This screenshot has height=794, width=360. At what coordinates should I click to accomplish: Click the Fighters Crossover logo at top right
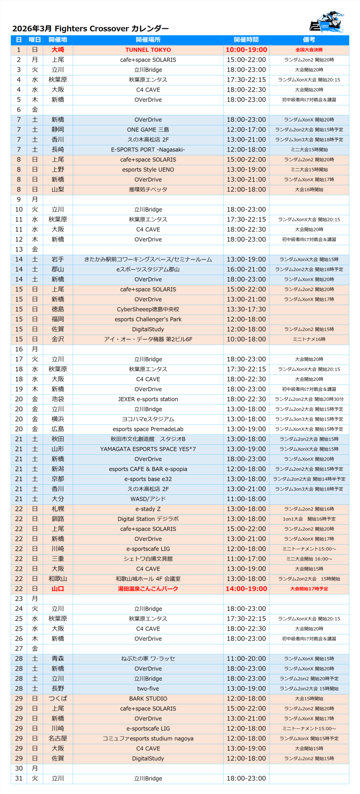pos(327,22)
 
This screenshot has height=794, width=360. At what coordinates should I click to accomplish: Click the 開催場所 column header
pos(148,40)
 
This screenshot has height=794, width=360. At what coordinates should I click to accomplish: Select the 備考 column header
pos(309,40)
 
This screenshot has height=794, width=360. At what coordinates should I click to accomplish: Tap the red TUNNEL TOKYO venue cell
pos(148,50)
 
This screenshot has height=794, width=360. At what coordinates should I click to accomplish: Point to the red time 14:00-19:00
pos(246,589)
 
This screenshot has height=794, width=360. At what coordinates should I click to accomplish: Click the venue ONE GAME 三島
pos(148,130)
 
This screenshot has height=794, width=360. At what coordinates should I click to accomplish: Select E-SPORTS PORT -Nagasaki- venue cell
pos(148,149)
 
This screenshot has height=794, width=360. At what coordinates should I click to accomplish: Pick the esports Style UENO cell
pos(148,170)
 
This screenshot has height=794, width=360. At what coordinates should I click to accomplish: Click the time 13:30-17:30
pos(246,309)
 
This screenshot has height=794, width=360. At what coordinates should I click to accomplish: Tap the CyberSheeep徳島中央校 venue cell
pos(148,309)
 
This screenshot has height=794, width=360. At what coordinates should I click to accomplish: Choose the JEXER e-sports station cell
pos(148,399)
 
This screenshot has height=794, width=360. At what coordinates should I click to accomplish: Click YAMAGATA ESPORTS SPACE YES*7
pos(148,449)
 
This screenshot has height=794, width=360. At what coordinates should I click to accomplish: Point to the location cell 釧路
pos(58,519)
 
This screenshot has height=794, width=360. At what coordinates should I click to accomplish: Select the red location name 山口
pos(58,589)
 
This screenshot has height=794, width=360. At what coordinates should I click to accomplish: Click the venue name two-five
pos(148,689)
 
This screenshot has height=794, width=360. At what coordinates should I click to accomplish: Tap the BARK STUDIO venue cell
pos(148,699)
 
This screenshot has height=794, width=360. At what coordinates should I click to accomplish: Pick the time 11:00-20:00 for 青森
pos(246,659)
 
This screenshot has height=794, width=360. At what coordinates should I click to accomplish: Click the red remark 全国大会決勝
pos(309,50)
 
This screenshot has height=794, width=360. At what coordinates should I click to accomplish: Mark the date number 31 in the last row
pos(19,779)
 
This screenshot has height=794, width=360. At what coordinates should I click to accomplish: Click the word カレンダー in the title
pos(150,28)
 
